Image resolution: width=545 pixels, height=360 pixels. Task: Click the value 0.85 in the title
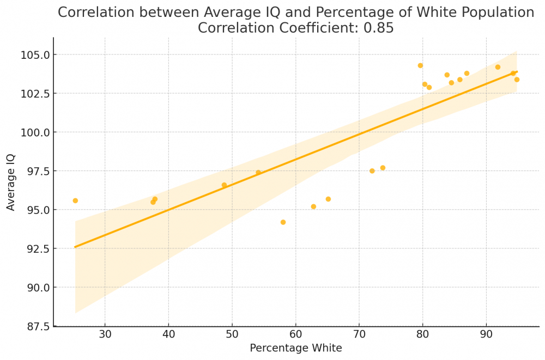tap(379, 28)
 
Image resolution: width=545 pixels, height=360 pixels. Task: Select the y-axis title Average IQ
tap(11, 182)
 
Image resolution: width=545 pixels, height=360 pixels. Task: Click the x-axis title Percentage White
tap(296, 348)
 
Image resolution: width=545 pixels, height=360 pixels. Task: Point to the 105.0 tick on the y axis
tap(35, 55)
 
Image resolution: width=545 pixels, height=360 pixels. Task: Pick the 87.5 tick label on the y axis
tap(38, 326)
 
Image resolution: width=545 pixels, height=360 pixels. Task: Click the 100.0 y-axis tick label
tap(35, 132)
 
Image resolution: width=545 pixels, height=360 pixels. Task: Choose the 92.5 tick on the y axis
tap(38, 249)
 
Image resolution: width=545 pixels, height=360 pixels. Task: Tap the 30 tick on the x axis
tap(105, 334)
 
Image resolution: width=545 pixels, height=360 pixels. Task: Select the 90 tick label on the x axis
tap(486, 334)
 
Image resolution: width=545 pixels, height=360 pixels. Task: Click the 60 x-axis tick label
tap(295, 334)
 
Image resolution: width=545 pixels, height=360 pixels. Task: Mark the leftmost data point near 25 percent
tap(75, 200)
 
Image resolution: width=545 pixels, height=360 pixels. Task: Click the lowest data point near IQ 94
tap(283, 222)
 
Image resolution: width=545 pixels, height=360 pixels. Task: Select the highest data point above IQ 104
tap(420, 65)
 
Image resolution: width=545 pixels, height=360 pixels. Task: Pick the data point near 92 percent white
tap(498, 67)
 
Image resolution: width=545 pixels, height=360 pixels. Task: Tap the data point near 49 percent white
tap(224, 185)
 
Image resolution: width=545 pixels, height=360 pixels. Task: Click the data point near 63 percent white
tap(313, 207)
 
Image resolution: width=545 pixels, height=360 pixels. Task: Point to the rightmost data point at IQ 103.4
tap(517, 80)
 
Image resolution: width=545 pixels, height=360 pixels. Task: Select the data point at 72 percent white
tap(372, 171)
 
